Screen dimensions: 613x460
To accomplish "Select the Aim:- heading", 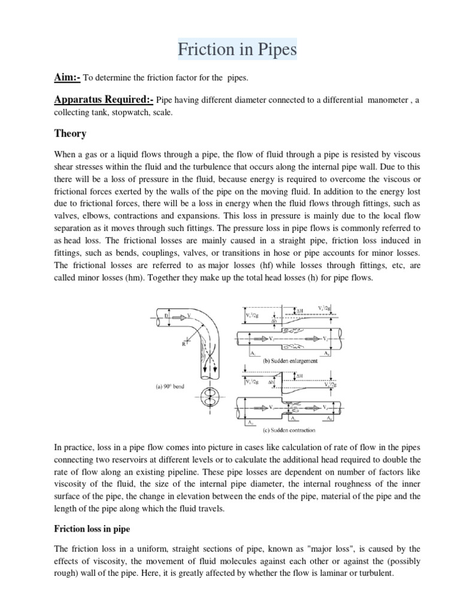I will point(67,78).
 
